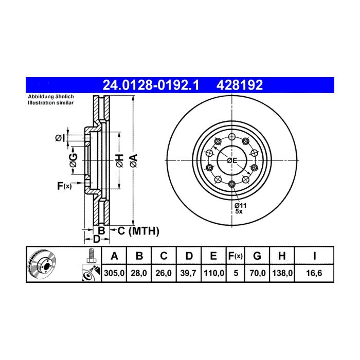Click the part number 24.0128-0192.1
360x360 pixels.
pos(151,85)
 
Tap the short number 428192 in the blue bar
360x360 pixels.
pos(240,85)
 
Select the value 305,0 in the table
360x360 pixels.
pos(114,273)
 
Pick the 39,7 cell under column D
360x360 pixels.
pos(188,273)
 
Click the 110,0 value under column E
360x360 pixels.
pos(214,273)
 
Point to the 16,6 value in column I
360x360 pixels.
pos(314,273)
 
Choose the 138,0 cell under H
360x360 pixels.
pos(282,273)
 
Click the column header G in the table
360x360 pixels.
pos(257,256)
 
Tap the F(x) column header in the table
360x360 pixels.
pos(236,256)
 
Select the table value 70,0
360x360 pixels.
pos(257,273)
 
